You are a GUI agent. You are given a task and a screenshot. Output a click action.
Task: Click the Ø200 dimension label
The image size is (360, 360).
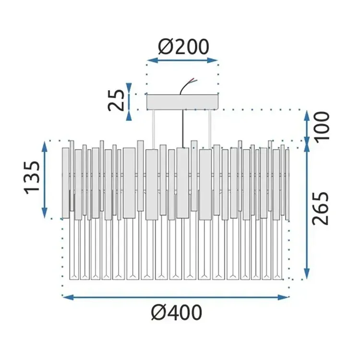click(183, 47)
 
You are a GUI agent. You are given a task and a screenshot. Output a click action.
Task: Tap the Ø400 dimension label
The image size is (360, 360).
click(177, 312)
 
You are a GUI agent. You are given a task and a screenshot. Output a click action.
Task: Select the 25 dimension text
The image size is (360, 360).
click(116, 100)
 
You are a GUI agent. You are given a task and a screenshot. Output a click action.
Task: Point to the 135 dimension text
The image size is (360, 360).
click(32, 178)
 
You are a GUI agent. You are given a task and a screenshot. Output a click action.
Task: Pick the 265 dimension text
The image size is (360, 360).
click(320, 208)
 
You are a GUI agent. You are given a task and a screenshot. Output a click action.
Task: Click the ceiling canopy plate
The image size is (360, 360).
click(183, 102)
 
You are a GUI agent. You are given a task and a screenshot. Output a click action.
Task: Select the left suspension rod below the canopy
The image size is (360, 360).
click(154, 130)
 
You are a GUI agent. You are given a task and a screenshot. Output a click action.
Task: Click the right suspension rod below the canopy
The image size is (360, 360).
click(210, 130)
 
